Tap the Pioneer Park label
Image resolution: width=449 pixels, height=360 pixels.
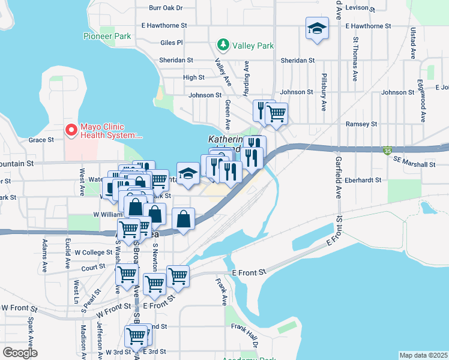tap(107, 37)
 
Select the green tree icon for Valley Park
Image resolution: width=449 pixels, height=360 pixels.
tap(223, 45)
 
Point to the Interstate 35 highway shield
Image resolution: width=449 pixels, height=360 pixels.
tap(388, 152)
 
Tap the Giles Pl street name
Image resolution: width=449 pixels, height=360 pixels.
tap(172, 43)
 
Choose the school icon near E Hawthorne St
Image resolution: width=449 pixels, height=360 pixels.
tap(316, 28)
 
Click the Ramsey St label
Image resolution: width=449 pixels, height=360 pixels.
tap(361, 124)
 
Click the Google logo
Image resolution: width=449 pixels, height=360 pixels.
tap(20, 353)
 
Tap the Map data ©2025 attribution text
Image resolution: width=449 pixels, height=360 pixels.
tap(423, 355)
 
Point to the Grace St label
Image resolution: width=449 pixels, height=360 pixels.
tap(41, 140)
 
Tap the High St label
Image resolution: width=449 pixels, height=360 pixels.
tap(194, 77)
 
